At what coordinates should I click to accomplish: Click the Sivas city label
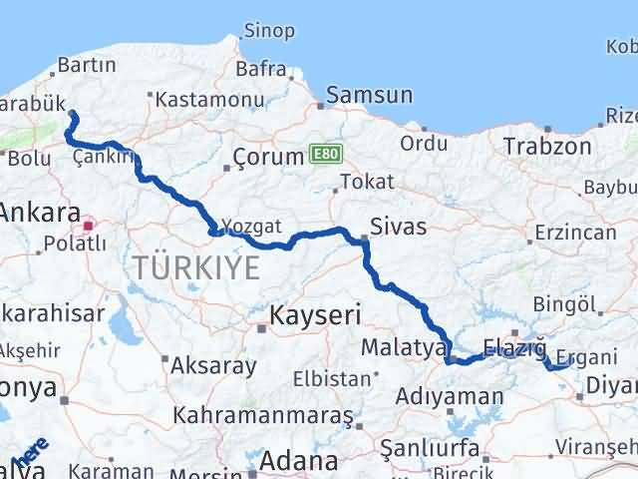tap(398, 227)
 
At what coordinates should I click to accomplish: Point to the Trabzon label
tap(547, 146)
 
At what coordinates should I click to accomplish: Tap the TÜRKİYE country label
tap(196, 267)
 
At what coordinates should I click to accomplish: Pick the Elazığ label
tap(514, 348)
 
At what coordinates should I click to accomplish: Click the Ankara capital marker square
tap(90, 226)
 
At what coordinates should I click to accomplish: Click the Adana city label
tap(299, 462)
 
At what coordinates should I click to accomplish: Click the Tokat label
tap(366, 182)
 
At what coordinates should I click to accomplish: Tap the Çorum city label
tap(268, 157)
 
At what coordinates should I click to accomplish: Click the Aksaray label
tap(213, 365)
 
